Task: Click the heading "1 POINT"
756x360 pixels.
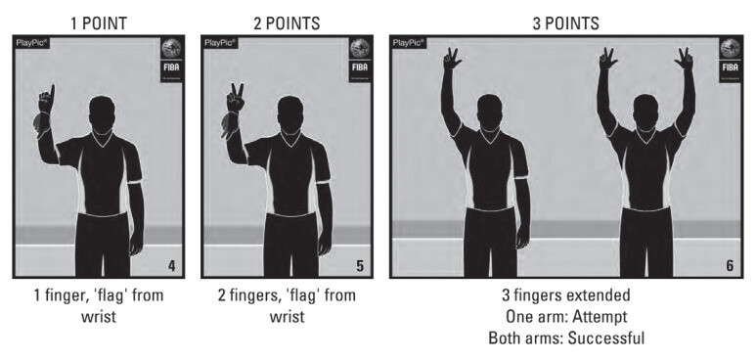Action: (99, 23)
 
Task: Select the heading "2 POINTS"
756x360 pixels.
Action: (287, 23)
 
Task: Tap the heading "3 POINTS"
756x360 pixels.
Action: (565, 23)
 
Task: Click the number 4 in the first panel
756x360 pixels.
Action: (172, 266)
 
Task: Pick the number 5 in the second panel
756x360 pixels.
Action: (360, 266)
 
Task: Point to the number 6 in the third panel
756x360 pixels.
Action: (730, 266)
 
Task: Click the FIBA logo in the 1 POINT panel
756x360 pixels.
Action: (171, 60)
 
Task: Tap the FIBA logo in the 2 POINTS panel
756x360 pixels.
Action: (360, 60)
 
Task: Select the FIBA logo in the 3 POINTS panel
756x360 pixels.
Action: (730, 60)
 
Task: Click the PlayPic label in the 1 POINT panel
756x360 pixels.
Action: (32, 42)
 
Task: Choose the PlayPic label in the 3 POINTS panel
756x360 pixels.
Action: (409, 42)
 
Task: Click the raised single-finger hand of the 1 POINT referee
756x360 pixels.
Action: (47, 100)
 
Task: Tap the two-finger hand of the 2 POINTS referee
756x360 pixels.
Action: (236, 99)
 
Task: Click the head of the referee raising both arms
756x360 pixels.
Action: (645, 112)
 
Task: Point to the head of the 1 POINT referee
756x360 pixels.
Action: (102, 113)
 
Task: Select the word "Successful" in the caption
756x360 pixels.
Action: (606, 337)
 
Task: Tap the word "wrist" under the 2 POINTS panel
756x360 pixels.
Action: (287, 317)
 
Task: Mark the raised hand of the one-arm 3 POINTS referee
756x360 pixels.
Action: (451, 59)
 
